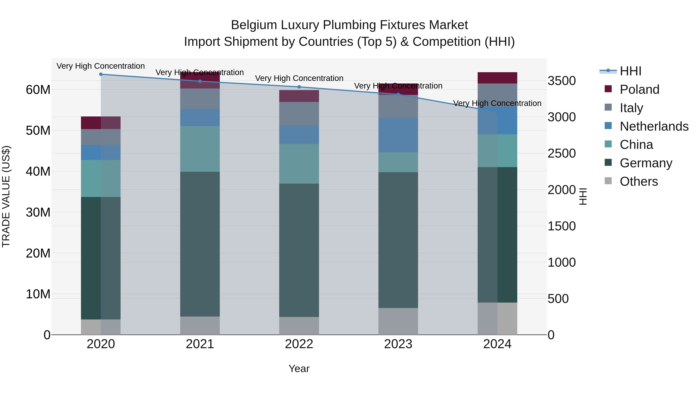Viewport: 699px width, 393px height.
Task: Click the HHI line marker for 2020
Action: [101, 74]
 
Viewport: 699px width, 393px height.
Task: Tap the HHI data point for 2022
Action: [299, 87]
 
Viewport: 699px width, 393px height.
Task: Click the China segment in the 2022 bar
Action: [299, 164]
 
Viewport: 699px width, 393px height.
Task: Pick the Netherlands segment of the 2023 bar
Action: [398, 135]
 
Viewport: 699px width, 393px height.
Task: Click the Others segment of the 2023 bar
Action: [398, 321]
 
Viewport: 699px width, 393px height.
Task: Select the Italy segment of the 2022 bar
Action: [299, 114]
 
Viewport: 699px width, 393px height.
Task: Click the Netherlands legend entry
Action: [654, 126]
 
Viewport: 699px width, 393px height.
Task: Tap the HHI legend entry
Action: [630, 71]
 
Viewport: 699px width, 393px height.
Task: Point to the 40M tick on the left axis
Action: [38, 171]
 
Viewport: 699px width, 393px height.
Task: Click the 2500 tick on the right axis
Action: [561, 154]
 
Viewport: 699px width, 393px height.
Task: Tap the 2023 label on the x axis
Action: [398, 344]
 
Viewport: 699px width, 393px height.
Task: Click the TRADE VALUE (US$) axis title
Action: [6, 196]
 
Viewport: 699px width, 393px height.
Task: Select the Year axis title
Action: [299, 369]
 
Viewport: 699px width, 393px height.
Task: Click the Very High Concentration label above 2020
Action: [100, 66]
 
